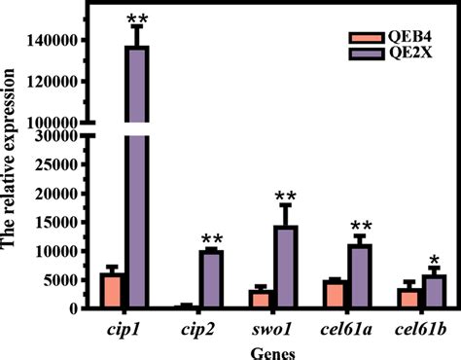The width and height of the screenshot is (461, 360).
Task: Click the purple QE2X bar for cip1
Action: click(x=136, y=175)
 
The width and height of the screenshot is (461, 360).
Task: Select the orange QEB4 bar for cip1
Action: click(x=112, y=291)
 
